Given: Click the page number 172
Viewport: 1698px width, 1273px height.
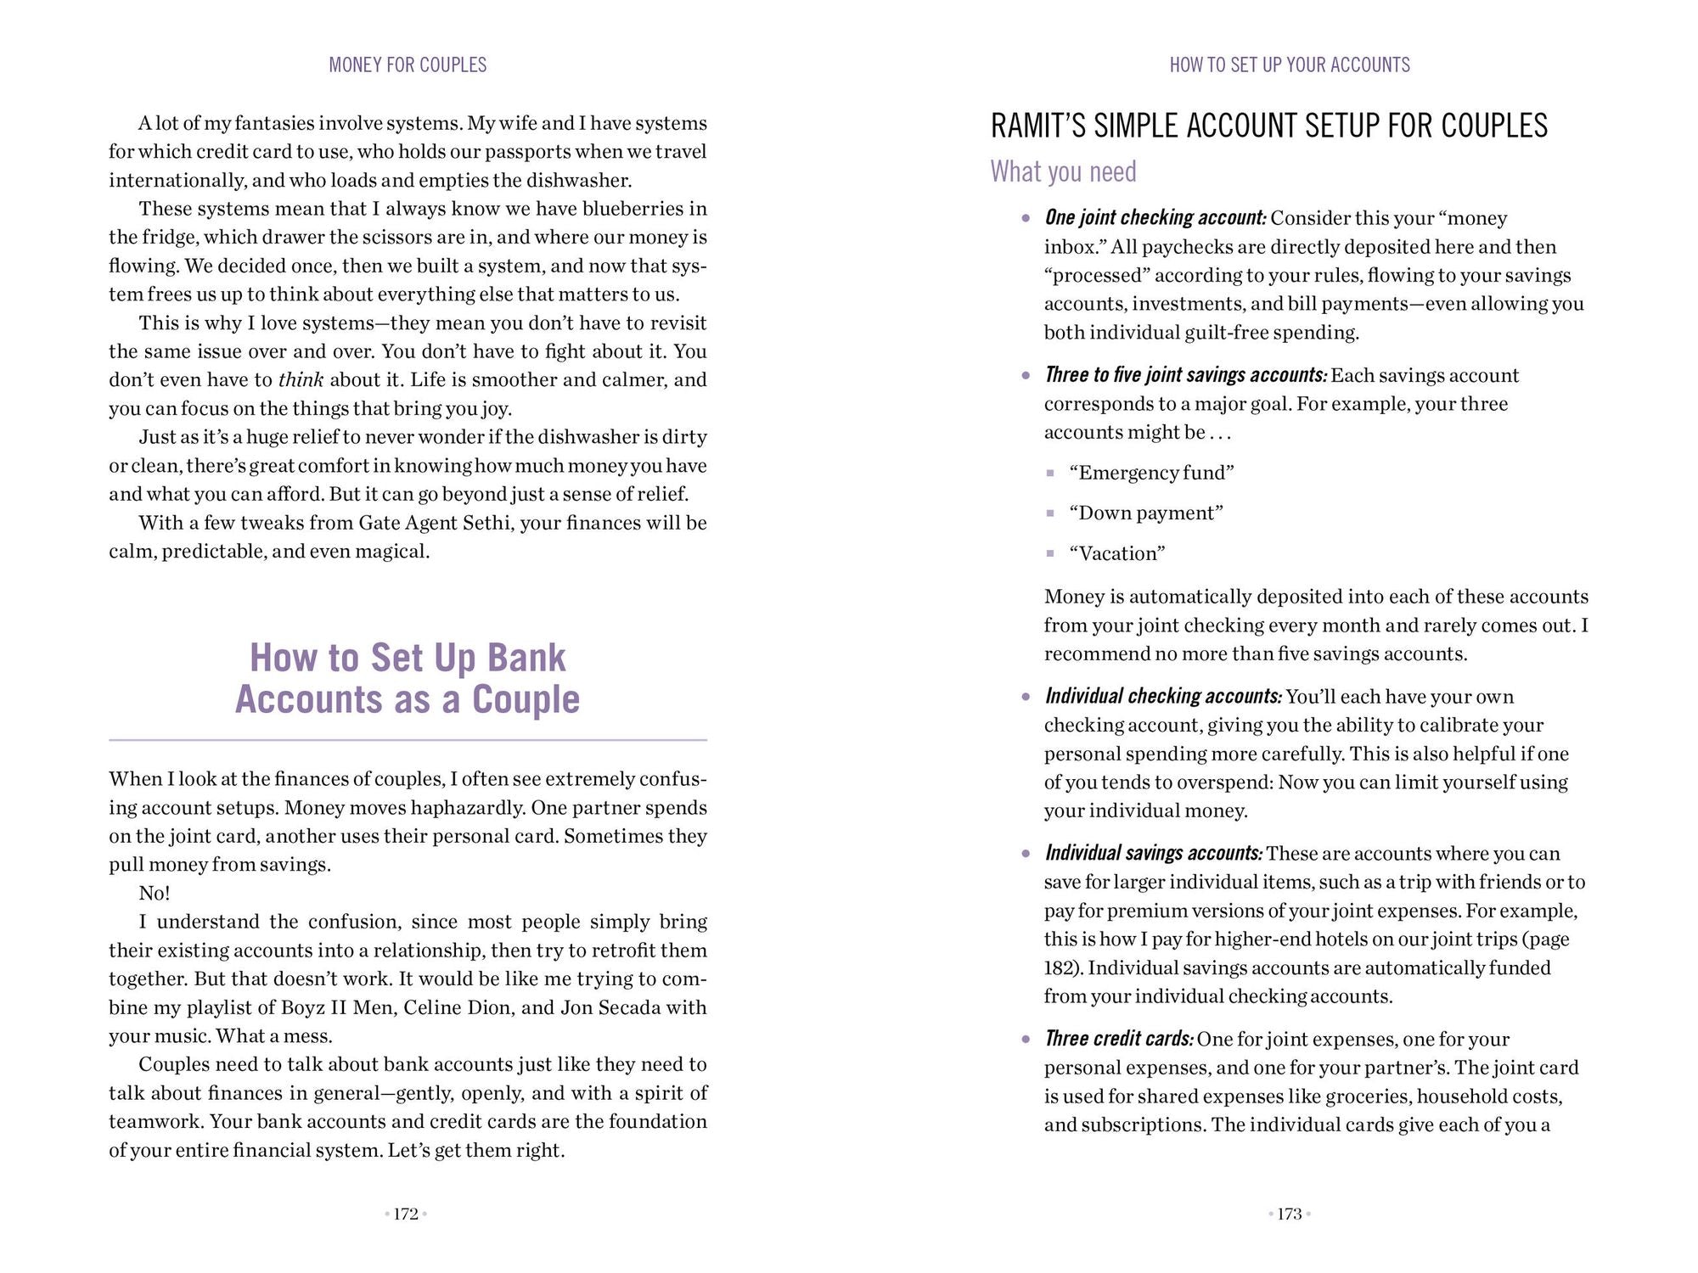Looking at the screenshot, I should [x=406, y=1214].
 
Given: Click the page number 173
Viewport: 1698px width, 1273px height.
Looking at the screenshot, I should [x=1289, y=1214].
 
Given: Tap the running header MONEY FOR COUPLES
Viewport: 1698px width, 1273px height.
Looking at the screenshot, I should [x=408, y=65].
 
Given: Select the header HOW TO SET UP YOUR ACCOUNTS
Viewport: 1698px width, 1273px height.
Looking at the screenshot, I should [x=1290, y=65].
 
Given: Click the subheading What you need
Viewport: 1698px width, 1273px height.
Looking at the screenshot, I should [x=1063, y=172].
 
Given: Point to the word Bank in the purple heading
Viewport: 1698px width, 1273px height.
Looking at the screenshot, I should [x=526, y=659].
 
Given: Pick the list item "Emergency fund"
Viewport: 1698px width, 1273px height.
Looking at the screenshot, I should [x=1151, y=473].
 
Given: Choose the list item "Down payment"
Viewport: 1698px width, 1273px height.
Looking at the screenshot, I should [x=1145, y=513].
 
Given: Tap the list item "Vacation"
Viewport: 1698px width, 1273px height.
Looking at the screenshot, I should [x=1117, y=554].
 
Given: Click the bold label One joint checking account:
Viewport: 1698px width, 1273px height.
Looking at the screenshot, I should [x=1155, y=218].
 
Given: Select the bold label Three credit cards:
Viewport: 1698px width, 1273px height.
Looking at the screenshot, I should [x=1119, y=1040].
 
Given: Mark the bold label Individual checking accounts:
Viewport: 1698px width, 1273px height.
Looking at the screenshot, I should [x=1163, y=697].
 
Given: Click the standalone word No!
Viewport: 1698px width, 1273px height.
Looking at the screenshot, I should [x=155, y=894].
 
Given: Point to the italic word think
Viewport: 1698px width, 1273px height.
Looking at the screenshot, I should [x=301, y=380].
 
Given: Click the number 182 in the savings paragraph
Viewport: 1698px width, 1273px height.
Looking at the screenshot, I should [x=1059, y=968].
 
